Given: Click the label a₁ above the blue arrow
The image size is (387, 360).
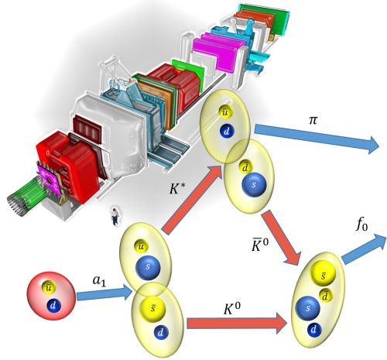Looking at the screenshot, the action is click(x=99, y=281).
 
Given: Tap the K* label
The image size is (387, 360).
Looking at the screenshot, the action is click(x=178, y=189).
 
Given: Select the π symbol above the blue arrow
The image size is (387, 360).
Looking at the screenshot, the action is click(x=313, y=120).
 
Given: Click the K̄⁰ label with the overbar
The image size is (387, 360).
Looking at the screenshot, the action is click(x=260, y=245).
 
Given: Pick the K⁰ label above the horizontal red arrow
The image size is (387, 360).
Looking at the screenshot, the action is click(x=232, y=308).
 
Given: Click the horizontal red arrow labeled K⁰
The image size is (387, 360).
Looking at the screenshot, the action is click(x=237, y=323).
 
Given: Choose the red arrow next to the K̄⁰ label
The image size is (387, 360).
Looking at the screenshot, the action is click(x=281, y=237).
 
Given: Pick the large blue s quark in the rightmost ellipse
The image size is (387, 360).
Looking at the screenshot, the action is click(x=307, y=308).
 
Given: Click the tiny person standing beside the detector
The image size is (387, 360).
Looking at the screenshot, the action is click(x=115, y=217).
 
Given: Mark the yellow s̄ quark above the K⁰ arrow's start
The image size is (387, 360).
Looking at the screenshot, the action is click(x=152, y=308).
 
